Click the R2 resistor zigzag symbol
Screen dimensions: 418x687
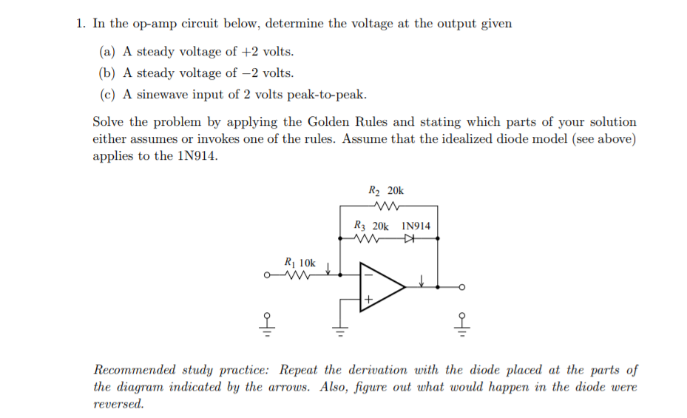[x=388, y=207]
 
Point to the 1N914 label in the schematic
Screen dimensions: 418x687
[x=416, y=226]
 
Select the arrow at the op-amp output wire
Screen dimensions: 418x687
[x=421, y=281]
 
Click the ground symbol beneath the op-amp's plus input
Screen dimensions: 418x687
[x=340, y=330]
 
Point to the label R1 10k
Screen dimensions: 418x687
[x=299, y=262]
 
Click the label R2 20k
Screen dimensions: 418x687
[x=385, y=191]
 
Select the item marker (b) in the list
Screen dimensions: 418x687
[x=108, y=73]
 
